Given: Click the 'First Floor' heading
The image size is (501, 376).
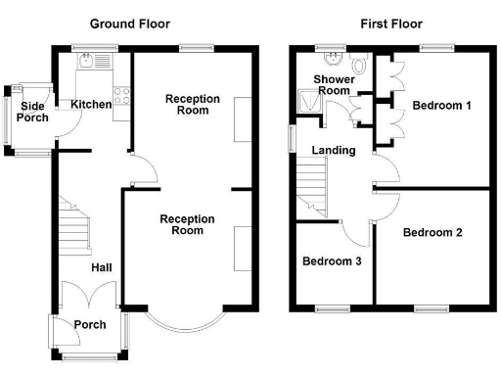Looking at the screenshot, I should coord(385,23).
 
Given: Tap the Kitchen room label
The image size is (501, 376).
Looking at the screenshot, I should coord(90,104).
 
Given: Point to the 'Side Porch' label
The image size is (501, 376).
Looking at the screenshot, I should coord(32,112).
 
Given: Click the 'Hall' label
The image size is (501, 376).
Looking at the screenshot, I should coord(102,266).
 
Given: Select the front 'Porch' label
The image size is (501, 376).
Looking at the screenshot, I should coord(90,325).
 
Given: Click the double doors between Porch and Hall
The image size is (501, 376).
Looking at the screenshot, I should coord(90,298).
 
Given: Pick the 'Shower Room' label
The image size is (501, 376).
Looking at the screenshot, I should coord(332,84).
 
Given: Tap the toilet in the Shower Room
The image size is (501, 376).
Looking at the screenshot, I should coord(358,65).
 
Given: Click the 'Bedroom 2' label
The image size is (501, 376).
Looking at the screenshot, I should coord(433,232).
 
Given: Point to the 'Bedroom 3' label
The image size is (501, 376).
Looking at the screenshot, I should coord(331,261).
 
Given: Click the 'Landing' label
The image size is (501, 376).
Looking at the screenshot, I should coord(333,150).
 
